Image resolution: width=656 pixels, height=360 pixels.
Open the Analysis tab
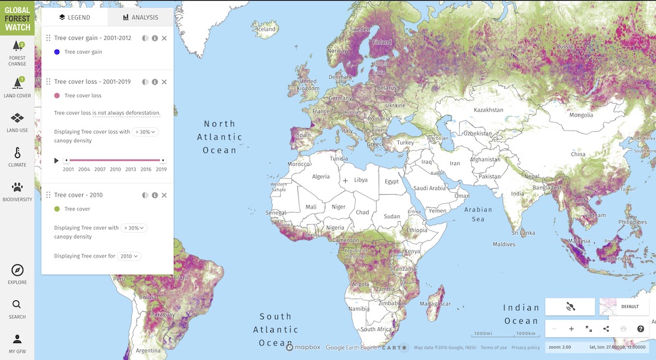tap(140, 17)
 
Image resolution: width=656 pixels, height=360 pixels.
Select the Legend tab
tap(74, 17)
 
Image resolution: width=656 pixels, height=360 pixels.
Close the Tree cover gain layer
tap(164, 38)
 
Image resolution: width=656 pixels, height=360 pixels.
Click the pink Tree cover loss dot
tap(57, 96)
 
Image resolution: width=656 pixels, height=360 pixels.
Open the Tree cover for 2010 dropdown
tap(129, 256)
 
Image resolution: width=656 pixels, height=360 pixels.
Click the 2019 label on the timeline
tap(161, 169)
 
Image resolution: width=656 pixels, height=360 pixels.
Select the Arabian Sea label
tap(478, 214)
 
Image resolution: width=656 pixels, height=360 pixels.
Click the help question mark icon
tap(640, 329)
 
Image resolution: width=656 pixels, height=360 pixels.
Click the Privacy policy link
tap(525, 348)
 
